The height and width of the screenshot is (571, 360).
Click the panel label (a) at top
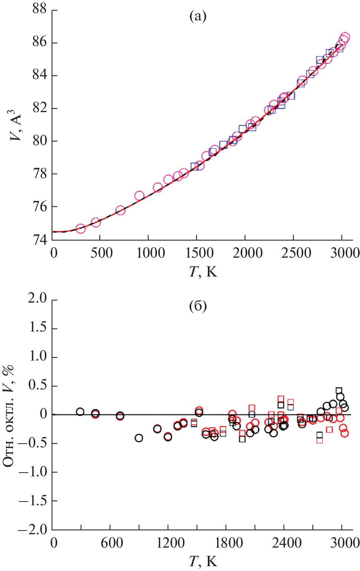(198, 17)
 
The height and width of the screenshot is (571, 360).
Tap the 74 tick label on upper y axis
(40, 240)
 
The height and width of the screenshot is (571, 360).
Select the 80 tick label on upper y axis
(40, 141)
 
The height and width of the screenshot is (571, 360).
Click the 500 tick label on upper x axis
(101, 253)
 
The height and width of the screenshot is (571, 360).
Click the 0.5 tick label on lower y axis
(37, 385)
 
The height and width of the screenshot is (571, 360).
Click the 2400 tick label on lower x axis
(286, 543)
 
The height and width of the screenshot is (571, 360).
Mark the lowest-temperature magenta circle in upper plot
(81, 229)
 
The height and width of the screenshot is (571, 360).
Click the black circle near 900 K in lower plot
(139, 438)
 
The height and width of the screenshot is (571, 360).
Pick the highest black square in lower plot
(339, 391)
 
